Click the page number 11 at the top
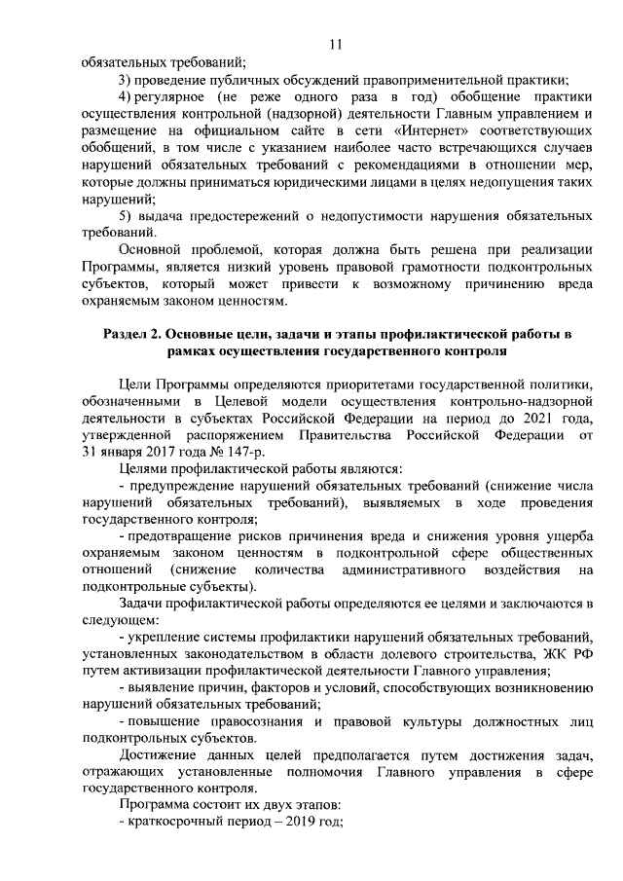[x=335, y=44]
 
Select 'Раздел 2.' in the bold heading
[x=133, y=334]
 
